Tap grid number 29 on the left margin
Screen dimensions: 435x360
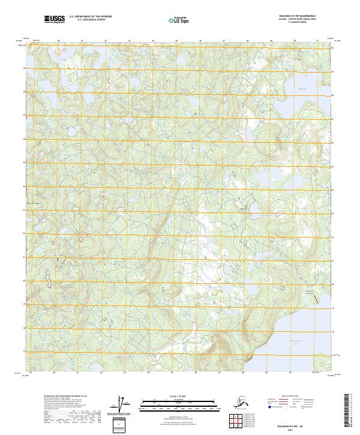[24, 68]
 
